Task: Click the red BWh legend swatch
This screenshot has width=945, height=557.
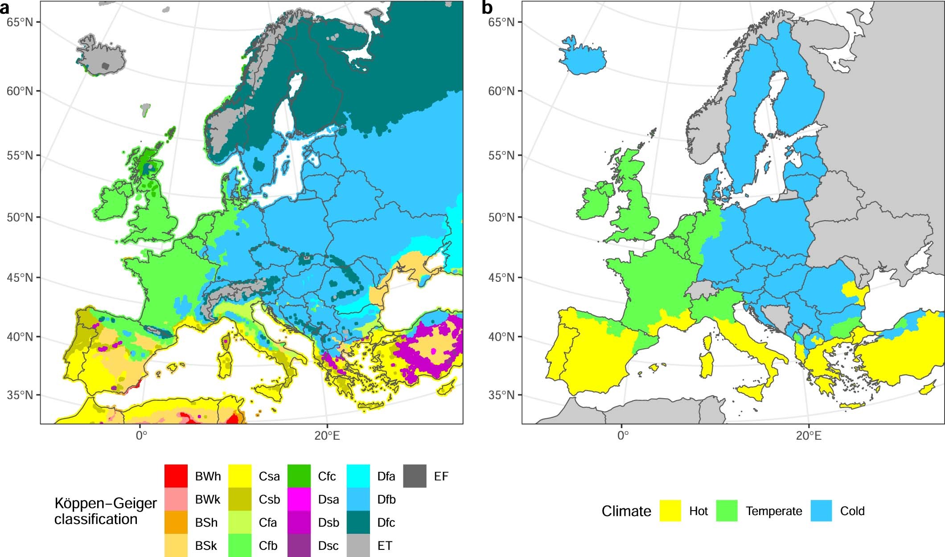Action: pyautogui.click(x=176, y=476)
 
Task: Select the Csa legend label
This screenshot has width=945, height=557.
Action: pyautogui.click(x=269, y=476)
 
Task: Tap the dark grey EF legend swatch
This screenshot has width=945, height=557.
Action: pyautogui.click(x=415, y=476)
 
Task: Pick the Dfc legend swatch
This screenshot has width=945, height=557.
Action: pyautogui.click(x=358, y=522)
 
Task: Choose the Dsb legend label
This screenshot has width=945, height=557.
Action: pyautogui.click(x=329, y=523)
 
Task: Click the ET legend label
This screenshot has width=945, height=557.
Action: pyautogui.click(x=385, y=546)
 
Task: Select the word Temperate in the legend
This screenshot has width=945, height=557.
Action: pyautogui.click(x=774, y=511)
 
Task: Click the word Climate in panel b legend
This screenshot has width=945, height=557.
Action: pyautogui.click(x=626, y=511)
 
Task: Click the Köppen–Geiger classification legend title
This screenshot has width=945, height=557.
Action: pyautogui.click(x=106, y=511)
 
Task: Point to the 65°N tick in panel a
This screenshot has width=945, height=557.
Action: pyautogui.click(x=20, y=22)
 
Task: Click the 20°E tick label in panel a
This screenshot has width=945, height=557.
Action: pyautogui.click(x=327, y=435)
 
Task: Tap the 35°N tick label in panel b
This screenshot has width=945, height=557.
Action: pyautogui.click(x=501, y=395)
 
